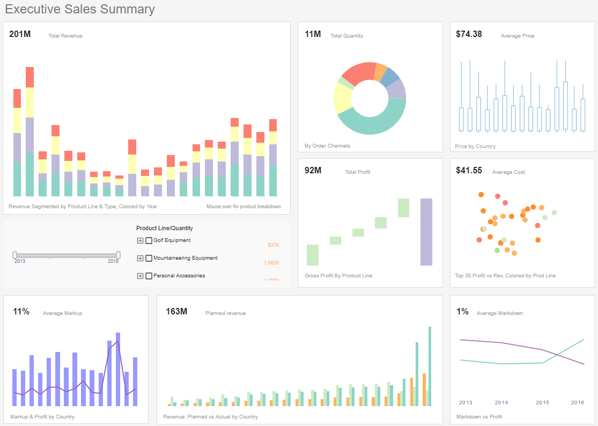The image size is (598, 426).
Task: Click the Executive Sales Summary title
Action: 80,9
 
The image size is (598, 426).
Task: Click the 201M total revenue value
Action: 20,34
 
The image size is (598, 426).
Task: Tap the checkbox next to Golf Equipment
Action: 149,241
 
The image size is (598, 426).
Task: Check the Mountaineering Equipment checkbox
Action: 149,258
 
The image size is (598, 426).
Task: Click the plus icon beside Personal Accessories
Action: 141,276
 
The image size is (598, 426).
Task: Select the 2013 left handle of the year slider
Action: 15,255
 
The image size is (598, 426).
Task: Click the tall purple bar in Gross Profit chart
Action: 426,232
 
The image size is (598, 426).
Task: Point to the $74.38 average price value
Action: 469,34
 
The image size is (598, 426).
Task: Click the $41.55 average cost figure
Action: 469,171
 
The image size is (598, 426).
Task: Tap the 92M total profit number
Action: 313,171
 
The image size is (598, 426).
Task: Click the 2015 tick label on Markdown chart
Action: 542,402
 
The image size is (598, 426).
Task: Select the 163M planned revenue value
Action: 176,312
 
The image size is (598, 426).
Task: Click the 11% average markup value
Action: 21,312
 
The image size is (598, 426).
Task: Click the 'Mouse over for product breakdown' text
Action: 243,207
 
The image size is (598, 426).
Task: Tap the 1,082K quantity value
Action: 271,263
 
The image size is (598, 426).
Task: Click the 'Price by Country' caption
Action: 475,146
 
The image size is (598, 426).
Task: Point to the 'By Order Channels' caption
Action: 327,146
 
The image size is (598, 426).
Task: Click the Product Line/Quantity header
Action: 164,229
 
